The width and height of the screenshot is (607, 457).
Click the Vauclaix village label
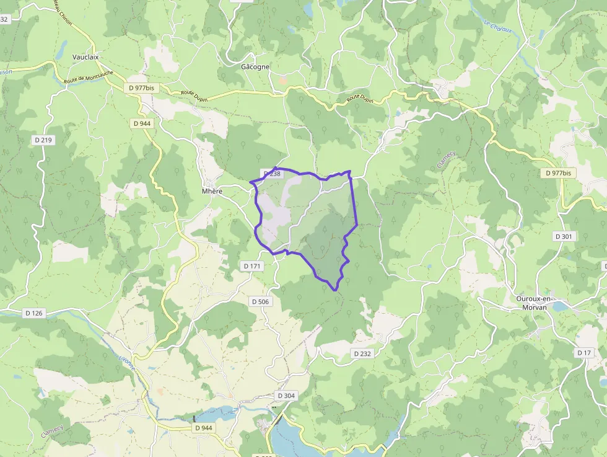[x=85, y=57]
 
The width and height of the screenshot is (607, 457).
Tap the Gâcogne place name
[x=255, y=66]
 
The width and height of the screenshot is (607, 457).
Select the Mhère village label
[x=212, y=191]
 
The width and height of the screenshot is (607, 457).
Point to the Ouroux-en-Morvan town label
[x=535, y=302]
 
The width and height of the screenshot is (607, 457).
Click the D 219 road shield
[x=43, y=140]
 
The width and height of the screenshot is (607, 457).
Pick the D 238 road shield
[x=272, y=174]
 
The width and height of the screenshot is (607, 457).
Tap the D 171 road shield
[x=253, y=266]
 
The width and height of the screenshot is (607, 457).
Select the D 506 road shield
[x=261, y=301]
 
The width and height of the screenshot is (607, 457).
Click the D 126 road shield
[x=34, y=313]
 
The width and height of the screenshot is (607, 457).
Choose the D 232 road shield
[x=362, y=353]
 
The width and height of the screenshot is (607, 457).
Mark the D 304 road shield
[x=286, y=396]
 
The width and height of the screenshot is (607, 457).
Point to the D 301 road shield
[x=564, y=236]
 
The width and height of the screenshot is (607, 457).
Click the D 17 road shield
[x=584, y=353]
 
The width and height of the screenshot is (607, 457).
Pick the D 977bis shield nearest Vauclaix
[x=142, y=88]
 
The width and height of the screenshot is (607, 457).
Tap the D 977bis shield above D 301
[x=558, y=173]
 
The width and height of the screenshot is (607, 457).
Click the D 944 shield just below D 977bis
[x=142, y=123]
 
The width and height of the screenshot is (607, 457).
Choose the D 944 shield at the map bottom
[x=203, y=428]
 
